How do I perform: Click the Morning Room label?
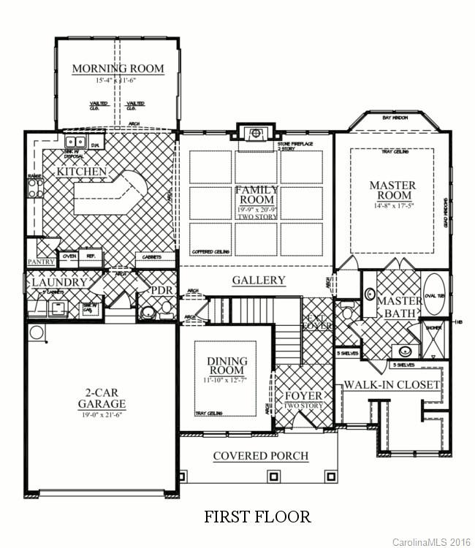(x=118, y=69)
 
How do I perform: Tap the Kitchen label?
(x=82, y=172)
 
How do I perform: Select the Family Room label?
(x=256, y=194)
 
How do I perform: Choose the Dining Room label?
(x=227, y=366)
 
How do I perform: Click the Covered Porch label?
(x=260, y=456)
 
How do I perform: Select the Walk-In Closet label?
(x=392, y=384)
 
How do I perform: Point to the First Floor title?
(x=257, y=517)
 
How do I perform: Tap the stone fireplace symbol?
(x=255, y=133)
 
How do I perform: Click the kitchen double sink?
(x=75, y=143)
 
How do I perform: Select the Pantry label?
(x=41, y=262)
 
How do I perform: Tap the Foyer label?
(x=303, y=396)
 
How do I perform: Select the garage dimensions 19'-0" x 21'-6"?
(x=102, y=414)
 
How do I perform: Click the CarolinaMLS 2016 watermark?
(x=432, y=541)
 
